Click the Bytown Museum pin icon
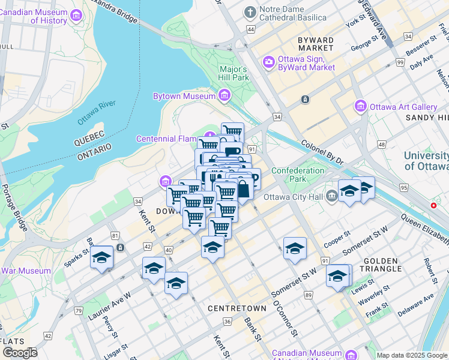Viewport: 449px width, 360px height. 224,95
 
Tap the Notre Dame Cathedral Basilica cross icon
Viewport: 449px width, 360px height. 250,12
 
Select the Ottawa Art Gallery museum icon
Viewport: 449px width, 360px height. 361,107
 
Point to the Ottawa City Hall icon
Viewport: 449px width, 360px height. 332,196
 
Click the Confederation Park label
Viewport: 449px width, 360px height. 298,175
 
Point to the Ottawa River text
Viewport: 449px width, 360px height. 96,113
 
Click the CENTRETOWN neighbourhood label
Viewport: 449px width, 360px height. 237,308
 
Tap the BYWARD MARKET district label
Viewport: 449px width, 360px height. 315,43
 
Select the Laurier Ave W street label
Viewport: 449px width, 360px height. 112,301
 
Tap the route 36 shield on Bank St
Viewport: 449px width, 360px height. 228,322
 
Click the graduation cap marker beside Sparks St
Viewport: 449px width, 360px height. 101,258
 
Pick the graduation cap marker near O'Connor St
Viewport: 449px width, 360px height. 295,248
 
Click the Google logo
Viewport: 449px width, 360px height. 20,353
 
